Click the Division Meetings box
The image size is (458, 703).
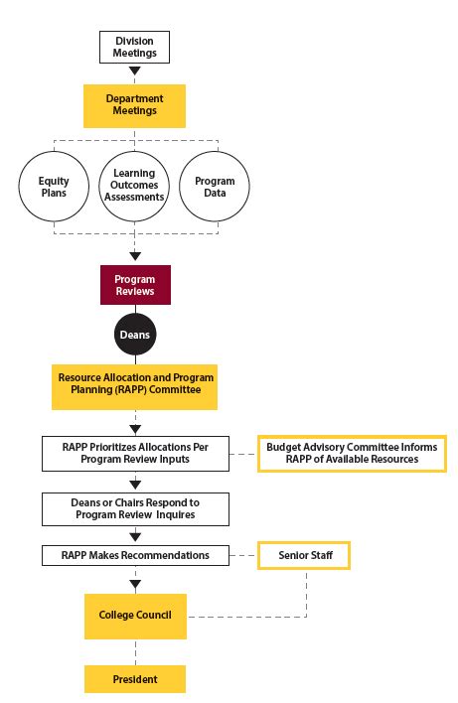(135, 47)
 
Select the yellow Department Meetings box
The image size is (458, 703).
(135, 105)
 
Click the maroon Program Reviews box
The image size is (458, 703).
(135, 285)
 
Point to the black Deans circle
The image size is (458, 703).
(135, 336)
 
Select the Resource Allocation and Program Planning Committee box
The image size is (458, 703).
(135, 384)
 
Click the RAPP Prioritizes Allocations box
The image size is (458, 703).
(135, 453)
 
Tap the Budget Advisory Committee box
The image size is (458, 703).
(351, 453)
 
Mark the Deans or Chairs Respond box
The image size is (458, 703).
(135, 508)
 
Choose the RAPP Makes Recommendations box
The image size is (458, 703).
(135, 555)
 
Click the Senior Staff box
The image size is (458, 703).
(303, 555)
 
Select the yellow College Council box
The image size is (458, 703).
(135, 615)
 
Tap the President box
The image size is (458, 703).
(135, 679)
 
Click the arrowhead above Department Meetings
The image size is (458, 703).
(135, 72)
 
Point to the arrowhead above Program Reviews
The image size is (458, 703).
(135, 255)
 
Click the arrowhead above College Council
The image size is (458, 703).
(135, 585)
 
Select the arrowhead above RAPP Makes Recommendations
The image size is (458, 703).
(135, 536)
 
